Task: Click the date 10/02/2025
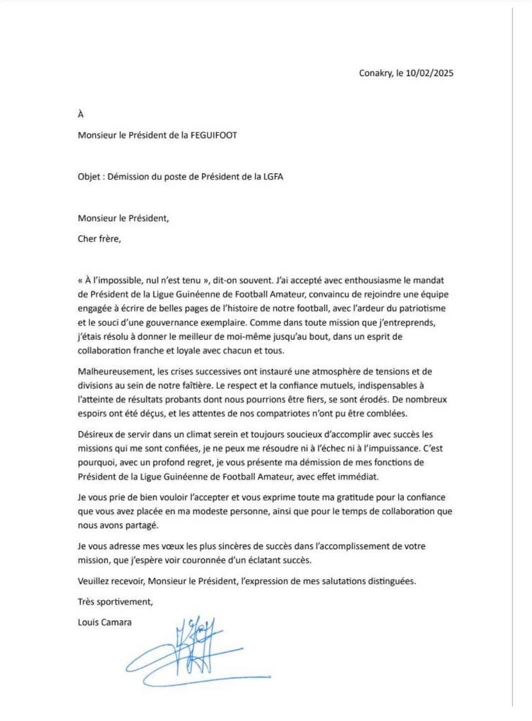pos(430,73)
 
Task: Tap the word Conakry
pos(375,73)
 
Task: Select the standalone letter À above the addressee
pos(80,115)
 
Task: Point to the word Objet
pos(89,177)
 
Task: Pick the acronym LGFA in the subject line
pos(272,177)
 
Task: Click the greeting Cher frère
pos(99,239)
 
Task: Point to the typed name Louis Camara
pos(104,622)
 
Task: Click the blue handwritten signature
pos(195,651)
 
